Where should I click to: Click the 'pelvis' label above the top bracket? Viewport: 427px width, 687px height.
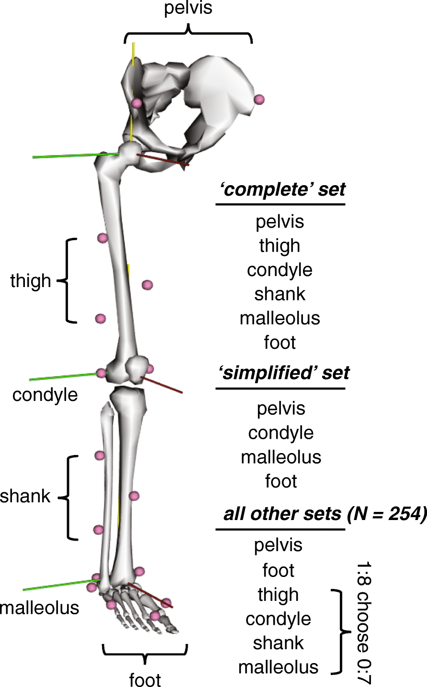point(188,9)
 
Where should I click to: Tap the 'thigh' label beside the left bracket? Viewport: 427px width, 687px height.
point(31,281)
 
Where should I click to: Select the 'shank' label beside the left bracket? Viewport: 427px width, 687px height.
point(25,496)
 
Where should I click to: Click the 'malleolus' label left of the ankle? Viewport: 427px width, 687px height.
point(40,608)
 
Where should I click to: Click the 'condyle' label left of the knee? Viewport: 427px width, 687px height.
point(45,395)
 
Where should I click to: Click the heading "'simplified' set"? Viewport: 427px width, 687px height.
point(284,373)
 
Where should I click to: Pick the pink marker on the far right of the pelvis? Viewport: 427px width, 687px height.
point(259,100)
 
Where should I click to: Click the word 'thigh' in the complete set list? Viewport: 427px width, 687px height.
point(280,246)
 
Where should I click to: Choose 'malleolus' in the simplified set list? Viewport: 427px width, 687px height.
point(281,457)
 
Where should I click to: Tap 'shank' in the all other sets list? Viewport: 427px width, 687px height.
point(278,643)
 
